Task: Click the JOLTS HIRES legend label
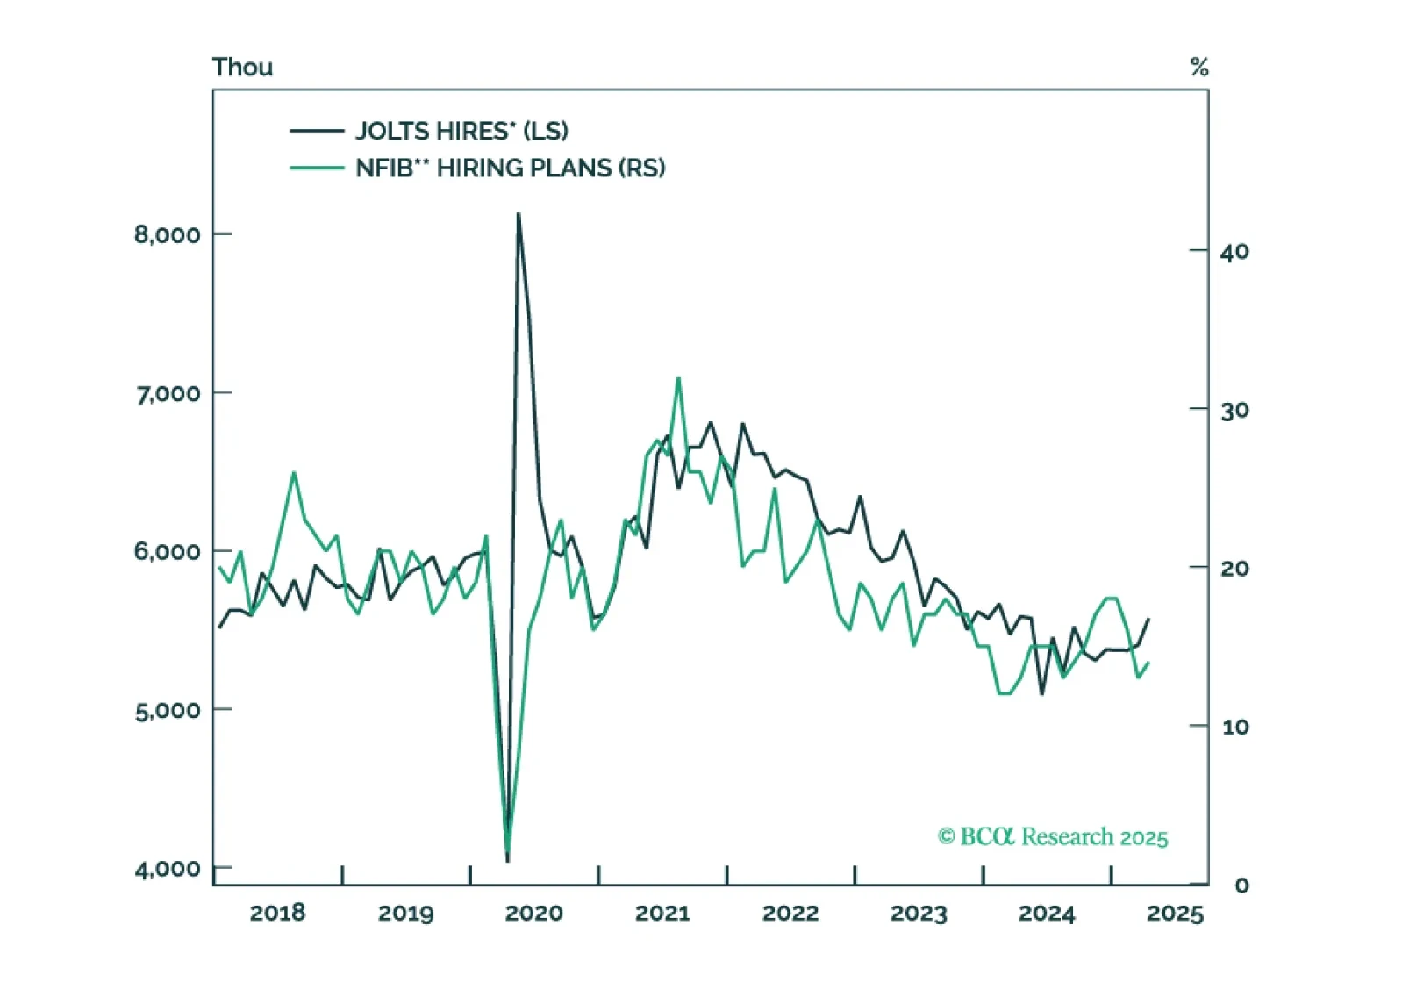tap(461, 131)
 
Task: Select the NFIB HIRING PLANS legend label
tap(510, 168)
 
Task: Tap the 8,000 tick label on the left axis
tap(167, 234)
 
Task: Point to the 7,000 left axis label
tap(167, 393)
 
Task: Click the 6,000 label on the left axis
tap(167, 551)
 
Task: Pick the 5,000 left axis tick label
tap(167, 710)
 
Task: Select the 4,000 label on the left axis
tap(167, 869)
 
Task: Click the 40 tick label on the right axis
tap(1234, 252)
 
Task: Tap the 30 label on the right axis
tap(1234, 410)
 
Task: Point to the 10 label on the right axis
tap(1234, 727)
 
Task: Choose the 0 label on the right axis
tap(1241, 886)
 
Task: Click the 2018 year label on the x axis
tap(277, 913)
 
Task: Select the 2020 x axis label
tap(533, 913)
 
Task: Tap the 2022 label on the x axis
tap(790, 913)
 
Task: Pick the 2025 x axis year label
tap(1175, 914)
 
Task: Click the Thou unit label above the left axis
tap(242, 68)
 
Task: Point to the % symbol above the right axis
tap(1199, 67)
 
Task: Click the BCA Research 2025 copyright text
tap(1053, 836)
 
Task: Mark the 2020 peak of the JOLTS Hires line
tap(519, 213)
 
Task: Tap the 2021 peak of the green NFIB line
tap(678, 377)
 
